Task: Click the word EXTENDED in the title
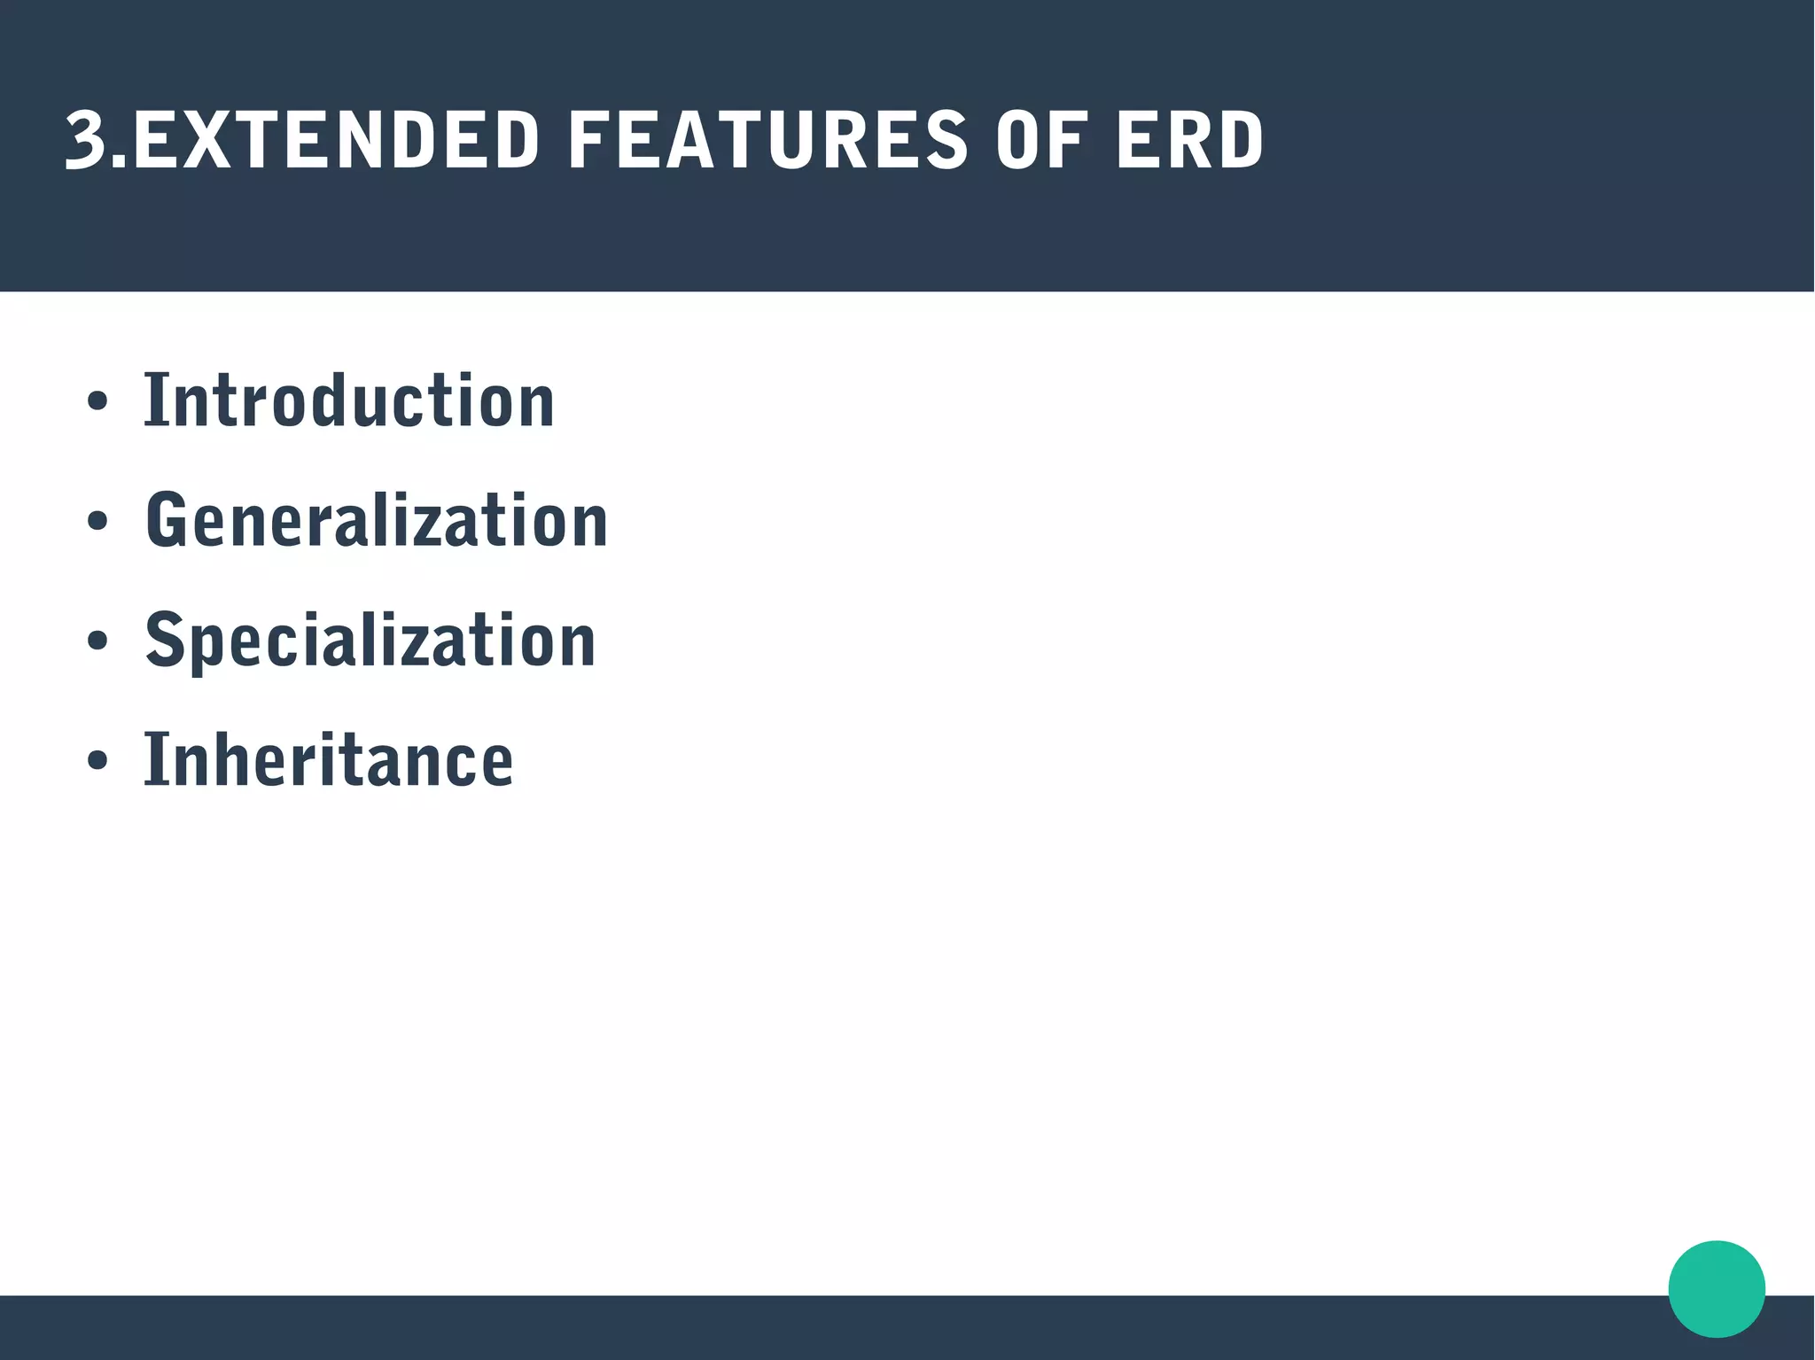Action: pyautogui.click(x=335, y=140)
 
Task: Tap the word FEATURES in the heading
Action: pyautogui.click(x=767, y=140)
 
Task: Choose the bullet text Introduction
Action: pyautogui.click(x=349, y=401)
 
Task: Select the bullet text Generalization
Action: pyautogui.click(x=377, y=521)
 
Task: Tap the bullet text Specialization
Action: pyautogui.click(x=370, y=640)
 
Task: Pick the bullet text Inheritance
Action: pyautogui.click(x=329, y=759)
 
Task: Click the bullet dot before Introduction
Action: pyautogui.click(x=97, y=401)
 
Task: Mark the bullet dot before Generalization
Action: pyautogui.click(x=97, y=521)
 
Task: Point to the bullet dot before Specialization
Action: pyautogui.click(x=97, y=641)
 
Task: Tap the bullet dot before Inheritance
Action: pyautogui.click(x=97, y=760)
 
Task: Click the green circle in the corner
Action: pyautogui.click(x=1717, y=1289)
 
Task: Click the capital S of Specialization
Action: pyautogui.click(x=165, y=640)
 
